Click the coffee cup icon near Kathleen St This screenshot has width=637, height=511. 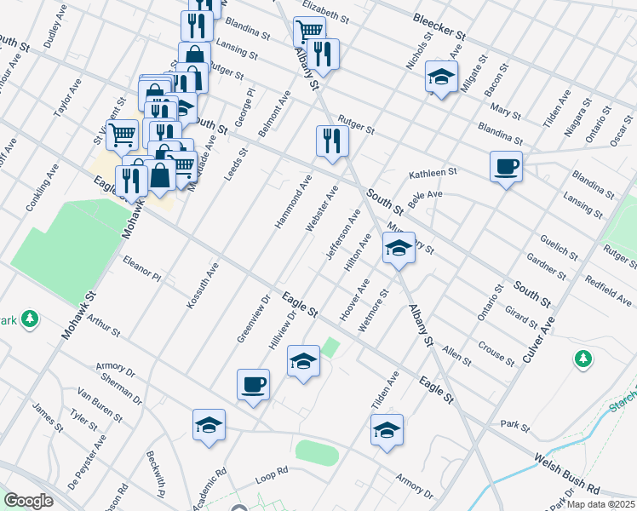click(x=507, y=166)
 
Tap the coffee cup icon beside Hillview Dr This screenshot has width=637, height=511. click(x=253, y=384)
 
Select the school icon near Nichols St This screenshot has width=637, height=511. click(x=441, y=78)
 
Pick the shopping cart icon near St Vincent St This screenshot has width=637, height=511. click(x=123, y=133)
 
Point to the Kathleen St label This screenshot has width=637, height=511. click(x=433, y=173)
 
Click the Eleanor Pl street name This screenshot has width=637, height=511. click(x=141, y=268)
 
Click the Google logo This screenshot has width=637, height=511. click(x=28, y=501)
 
